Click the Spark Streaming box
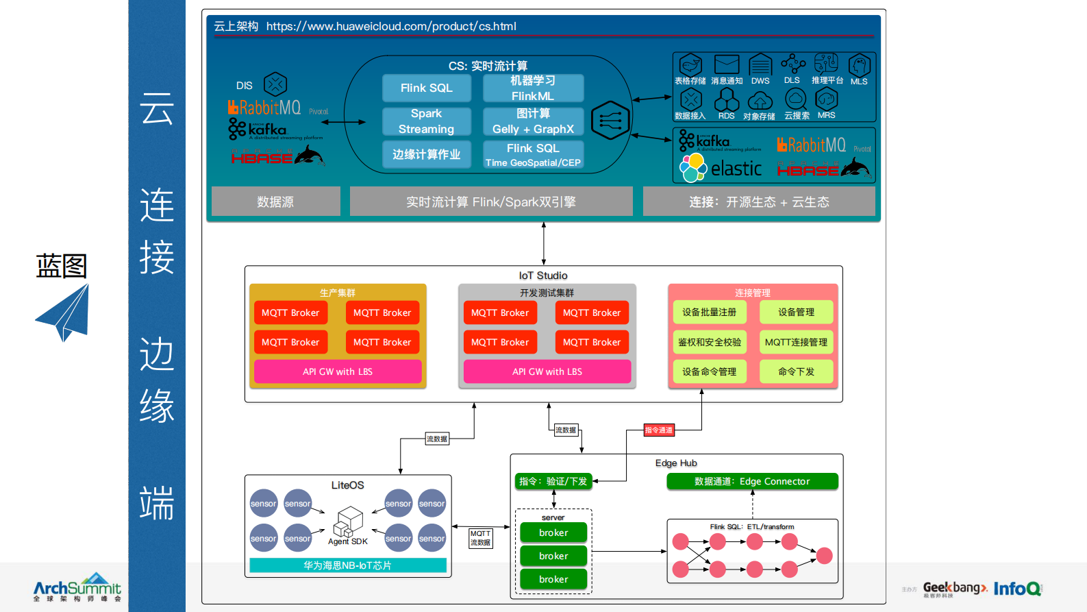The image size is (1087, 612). coord(426,121)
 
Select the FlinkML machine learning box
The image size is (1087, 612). coord(533,88)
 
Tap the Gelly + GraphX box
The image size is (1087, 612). coord(533,121)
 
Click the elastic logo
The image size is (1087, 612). coord(721,167)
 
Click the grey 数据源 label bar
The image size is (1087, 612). coord(275,201)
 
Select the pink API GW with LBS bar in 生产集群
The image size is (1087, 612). coord(338,371)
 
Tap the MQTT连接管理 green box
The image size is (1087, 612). coord(796,342)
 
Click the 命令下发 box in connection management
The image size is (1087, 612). coord(796,371)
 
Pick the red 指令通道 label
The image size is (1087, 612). coord(659,430)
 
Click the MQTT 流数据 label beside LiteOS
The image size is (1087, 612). coord(480,538)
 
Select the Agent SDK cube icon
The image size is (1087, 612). coord(348,522)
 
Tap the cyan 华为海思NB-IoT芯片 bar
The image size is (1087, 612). coord(348,565)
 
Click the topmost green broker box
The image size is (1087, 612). coord(553,533)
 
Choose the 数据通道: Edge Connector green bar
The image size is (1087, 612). coord(752,481)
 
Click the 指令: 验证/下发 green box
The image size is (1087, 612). coord(553,481)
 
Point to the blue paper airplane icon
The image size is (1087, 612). coord(64,313)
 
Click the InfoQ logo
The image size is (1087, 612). coord(1017,589)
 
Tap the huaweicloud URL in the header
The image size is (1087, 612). coord(391,27)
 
